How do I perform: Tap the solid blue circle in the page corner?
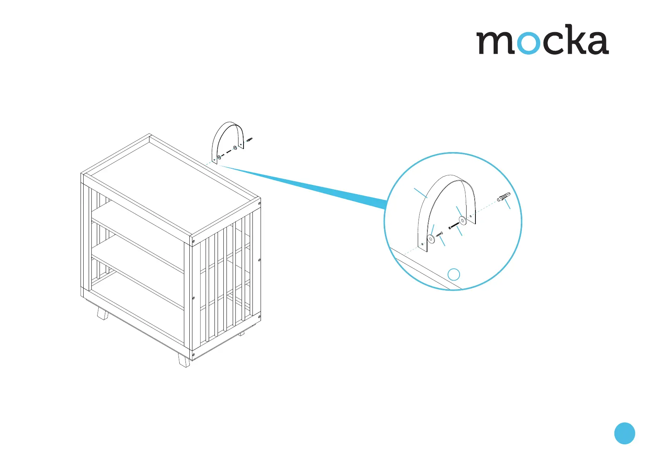pyautogui.click(x=625, y=433)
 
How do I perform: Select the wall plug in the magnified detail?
pyautogui.click(x=504, y=197)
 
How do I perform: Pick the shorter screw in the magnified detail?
pyautogui.click(x=439, y=234)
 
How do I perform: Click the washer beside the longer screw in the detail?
pyautogui.click(x=462, y=221)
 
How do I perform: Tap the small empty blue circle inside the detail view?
pyautogui.click(x=454, y=274)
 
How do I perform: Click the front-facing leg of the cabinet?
pyautogui.click(x=184, y=360)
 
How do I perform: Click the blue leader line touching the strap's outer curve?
pyautogui.click(x=420, y=193)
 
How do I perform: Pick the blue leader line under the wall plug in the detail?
pyautogui.click(x=508, y=204)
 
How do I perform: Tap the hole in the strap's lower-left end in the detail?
pyautogui.click(x=421, y=244)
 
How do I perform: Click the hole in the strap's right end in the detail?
pyautogui.click(x=470, y=216)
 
